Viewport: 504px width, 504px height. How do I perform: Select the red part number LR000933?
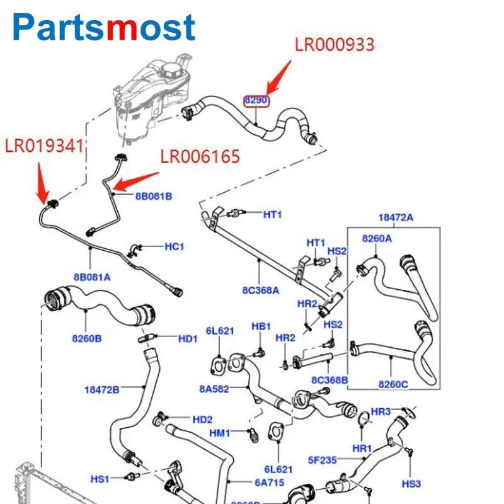pyautogui.click(x=335, y=45)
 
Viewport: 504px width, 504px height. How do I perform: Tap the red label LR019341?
pyautogui.click(x=45, y=146)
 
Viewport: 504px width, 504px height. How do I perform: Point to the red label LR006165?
pyautogui.click(x=200, y=156)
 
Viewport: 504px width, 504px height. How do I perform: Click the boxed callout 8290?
pyautogui.click(x=256, y=100)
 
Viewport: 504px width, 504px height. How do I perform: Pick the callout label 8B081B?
pyautogui.click(x=153, y=196)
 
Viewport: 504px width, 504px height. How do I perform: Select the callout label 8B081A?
pyautogui.click(x=91, y=277)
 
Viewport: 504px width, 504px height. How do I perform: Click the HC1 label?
pyautogui.click(x=174, y=246)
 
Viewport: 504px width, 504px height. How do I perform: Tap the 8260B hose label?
pyautogui.click(x=87, y=338)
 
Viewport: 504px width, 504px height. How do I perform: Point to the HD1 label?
pyautogui.click(x=188, y=339)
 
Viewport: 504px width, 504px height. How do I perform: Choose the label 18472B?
pyautogui.click(x=101, y=390)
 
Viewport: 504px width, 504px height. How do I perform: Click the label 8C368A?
pyautogui.click(x=260, y=290)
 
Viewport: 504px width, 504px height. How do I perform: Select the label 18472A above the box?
pyautogui.click(x=396, y=217)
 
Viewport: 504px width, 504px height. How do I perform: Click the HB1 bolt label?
pyautogui.click(x=261, y=326)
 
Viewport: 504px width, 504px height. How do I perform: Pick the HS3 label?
pyautogui.click(x=411, y=483)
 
